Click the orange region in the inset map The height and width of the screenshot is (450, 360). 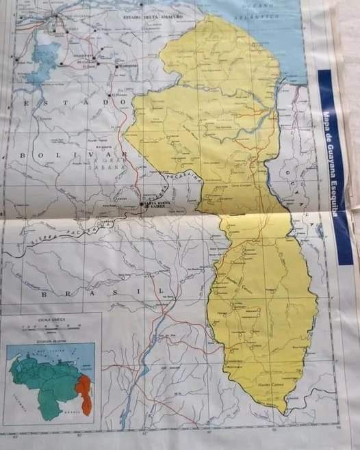84,393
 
